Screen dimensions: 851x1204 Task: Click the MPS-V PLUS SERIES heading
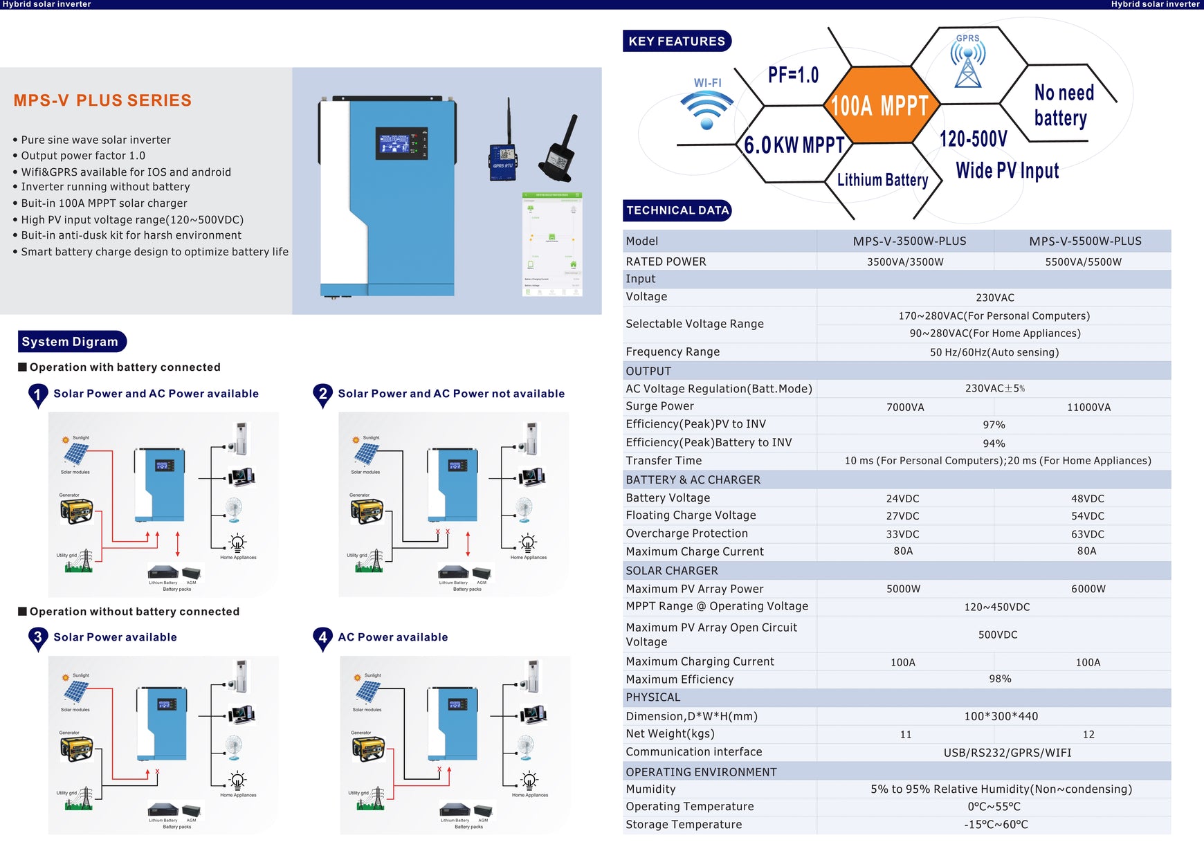102,100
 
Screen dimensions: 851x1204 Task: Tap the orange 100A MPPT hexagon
879,106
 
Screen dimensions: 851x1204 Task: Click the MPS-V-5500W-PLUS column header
1085,241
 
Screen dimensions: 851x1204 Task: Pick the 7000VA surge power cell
905,408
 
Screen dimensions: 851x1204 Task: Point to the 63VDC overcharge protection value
1087,534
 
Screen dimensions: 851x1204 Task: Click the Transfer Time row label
664,461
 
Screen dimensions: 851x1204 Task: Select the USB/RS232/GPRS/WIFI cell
1007,753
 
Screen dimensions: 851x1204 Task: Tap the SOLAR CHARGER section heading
671,571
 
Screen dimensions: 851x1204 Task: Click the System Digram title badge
71,342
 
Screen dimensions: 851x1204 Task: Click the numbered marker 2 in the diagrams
322,394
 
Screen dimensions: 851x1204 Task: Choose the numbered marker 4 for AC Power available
322,638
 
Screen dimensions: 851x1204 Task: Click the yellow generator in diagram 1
76,511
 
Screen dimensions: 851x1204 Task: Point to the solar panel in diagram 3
76,691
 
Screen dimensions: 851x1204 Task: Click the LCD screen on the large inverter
401,144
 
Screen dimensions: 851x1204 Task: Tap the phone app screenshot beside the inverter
551,244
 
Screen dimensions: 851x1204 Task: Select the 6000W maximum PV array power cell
1088,589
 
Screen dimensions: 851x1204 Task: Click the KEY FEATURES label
677,42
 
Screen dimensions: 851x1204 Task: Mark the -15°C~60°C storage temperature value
996,825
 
